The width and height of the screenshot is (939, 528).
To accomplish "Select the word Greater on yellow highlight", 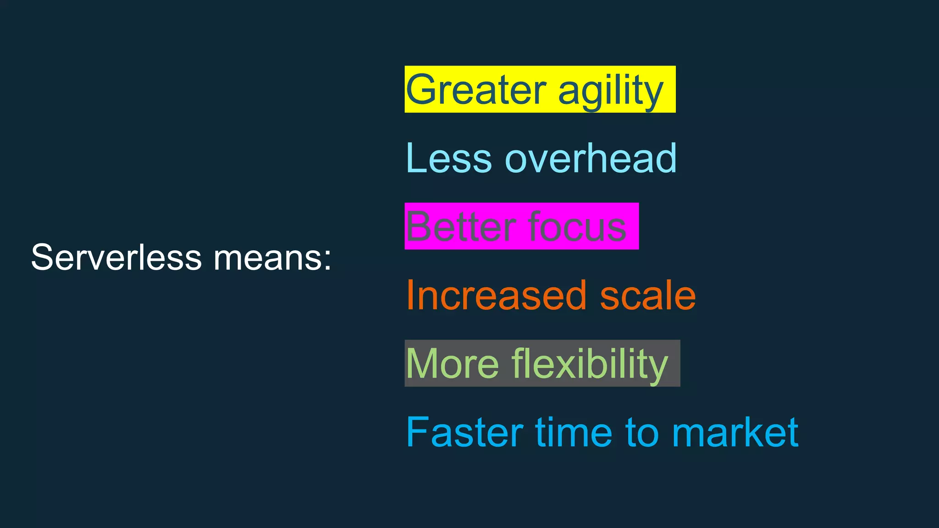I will pyautogui.click(x=476, y=90).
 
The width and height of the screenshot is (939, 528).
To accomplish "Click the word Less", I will pyautogui.click(x=449, y=158).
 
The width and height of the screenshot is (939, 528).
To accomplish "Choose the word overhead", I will pyautogui.click(x=591, y=158).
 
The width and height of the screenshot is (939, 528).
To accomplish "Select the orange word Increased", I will pyautogui.click(x=496, y=295).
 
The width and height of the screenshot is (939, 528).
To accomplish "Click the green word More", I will pyautogui.click(x=452, y=364).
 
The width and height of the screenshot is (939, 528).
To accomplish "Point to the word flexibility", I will pyautogui.click(x=590, y=365).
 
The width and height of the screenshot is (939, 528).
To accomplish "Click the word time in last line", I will pyautogui.click(x=574, y=432).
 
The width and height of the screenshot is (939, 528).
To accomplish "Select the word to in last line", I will pyautogui.click(x=642, y=432).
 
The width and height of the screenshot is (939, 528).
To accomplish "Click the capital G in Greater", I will pyautogui.click(x=422, y=90).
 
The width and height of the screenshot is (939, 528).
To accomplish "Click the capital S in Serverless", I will pyautogui.click(x=42, y=258).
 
